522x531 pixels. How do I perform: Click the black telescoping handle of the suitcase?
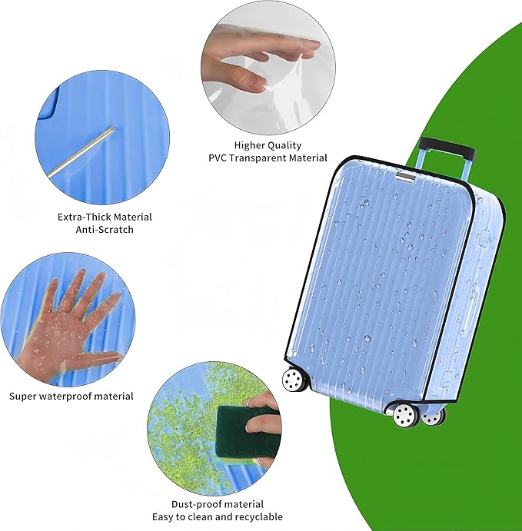pos(447,145)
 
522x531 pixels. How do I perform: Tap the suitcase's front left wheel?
pos(293,379)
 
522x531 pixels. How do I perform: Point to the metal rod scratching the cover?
pos(80,153)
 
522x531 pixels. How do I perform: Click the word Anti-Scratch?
pos(105,229)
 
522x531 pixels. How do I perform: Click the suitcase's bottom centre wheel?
pos(405,416)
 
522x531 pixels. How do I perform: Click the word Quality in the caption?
pos(286,144)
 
